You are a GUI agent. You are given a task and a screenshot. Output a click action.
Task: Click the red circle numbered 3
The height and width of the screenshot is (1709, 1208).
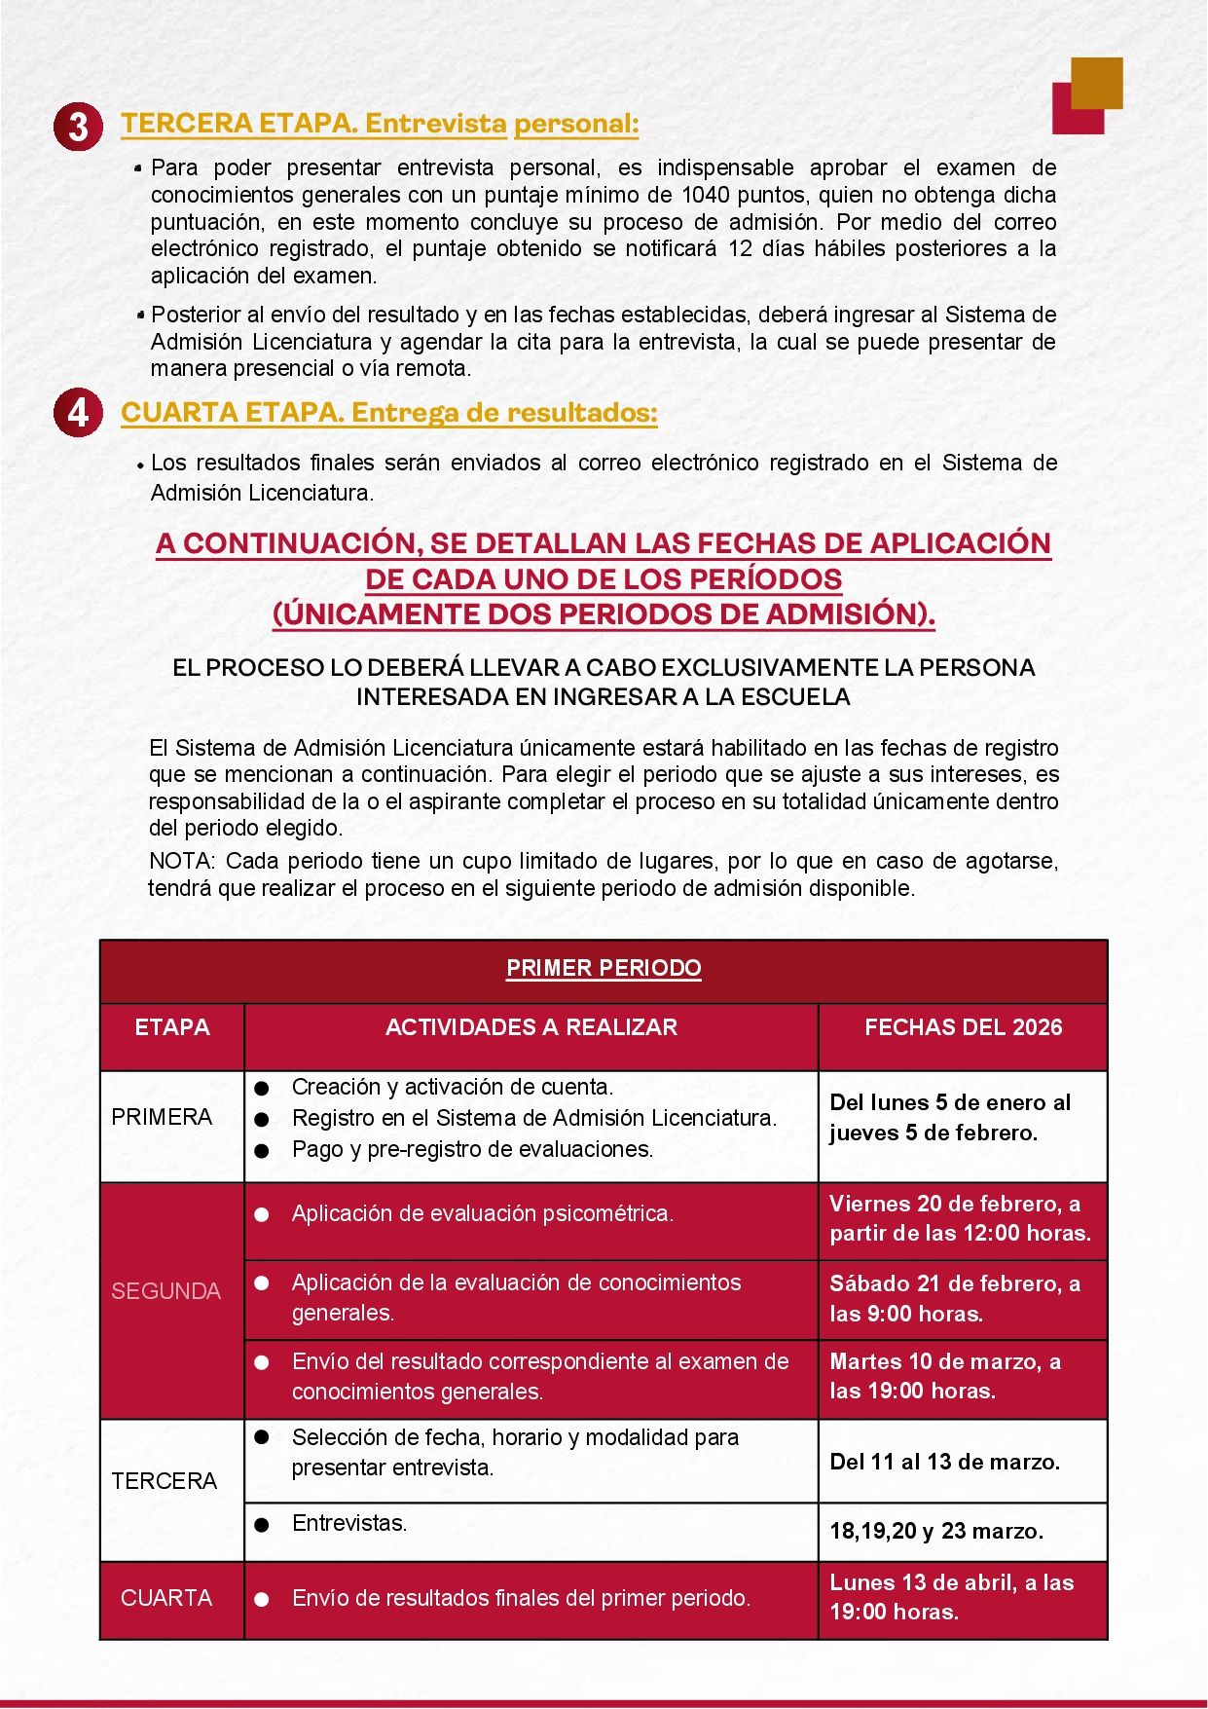[x=78, y=127]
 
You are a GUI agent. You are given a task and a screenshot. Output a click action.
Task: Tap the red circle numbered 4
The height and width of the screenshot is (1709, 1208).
[x=78, y=413]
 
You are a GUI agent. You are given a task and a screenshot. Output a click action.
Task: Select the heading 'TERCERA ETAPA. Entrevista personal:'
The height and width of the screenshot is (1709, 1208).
[x=380, y=124]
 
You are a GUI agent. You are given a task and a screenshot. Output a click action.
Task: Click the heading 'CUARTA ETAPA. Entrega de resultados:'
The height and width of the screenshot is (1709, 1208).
[x=389, y=413]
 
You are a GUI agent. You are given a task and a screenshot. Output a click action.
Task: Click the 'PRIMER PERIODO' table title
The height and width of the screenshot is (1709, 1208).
[x=604, y=968]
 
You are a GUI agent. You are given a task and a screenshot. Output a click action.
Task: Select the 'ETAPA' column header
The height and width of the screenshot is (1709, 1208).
[x=172, y=1027]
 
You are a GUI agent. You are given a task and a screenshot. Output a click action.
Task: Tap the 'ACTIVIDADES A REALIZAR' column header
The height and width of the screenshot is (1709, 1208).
[x=531, y=1027]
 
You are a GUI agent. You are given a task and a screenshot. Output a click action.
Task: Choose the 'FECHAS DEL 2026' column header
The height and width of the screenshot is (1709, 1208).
[x=963, y=1027]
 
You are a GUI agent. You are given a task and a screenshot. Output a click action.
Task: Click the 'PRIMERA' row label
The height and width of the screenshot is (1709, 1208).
[x=162, y=1117]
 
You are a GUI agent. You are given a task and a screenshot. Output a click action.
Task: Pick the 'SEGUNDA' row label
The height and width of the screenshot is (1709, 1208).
[x=165, y=1291]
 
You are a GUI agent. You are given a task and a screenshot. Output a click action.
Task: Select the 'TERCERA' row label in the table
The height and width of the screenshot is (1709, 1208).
[x=164, y=1481]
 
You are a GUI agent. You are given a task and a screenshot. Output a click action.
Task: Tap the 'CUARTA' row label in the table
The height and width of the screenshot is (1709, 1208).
[x=166, y=1598]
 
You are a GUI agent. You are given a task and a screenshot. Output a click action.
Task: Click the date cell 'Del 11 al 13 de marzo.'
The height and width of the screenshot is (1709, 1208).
[x=944, y=1462]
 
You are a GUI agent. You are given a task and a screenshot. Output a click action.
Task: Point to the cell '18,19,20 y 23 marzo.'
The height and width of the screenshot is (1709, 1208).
[x=935, y=1531]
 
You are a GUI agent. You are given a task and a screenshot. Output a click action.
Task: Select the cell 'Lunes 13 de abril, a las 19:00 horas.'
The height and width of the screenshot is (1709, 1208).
[x=951, y=1597]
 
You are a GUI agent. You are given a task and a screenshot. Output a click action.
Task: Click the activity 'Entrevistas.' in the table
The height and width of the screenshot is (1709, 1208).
[x=349, y=1523]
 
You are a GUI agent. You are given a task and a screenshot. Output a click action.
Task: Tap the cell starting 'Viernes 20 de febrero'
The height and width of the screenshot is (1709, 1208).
[x=960, y=1218]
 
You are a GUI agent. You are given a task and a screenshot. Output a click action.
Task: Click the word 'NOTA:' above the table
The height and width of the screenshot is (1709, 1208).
[x=182, y=862]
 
